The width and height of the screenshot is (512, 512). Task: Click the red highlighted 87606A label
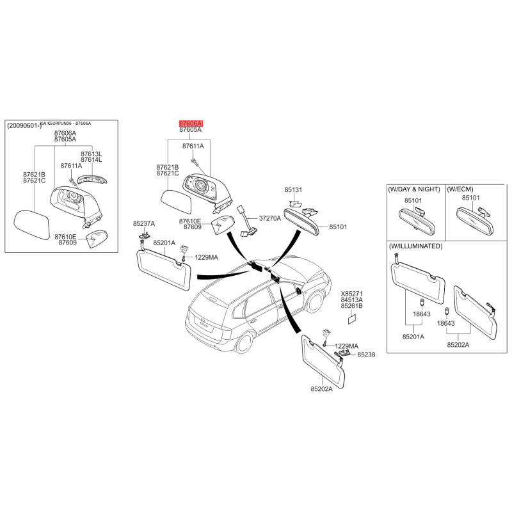coord(191,124)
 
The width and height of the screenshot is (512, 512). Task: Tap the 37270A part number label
coord(269,218)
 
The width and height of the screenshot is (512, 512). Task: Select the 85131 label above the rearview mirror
coord(293,189)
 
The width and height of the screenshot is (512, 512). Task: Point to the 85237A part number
coord(143,223)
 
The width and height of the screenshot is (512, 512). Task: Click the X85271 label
coord(351,294)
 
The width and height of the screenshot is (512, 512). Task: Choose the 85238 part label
coord(366,355)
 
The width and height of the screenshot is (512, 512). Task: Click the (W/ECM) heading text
coord(460,189)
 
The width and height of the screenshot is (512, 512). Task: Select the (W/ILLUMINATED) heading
coord(415,246)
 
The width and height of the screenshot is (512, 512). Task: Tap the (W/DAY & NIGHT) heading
coord(413,189)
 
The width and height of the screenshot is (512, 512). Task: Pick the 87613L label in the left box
coord(91,154)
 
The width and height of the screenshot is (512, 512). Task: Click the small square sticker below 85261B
coord(352,319)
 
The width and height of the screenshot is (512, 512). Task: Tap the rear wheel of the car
coord(244,343)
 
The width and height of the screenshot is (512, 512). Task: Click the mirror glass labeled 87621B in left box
coord(31,225)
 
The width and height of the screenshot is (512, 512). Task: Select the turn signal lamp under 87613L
coord(92,179)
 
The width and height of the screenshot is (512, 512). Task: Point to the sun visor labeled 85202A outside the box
coord(323,362)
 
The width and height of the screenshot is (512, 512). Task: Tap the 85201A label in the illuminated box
coord(413,337)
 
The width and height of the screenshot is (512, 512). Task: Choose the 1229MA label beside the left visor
coord(206,257)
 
